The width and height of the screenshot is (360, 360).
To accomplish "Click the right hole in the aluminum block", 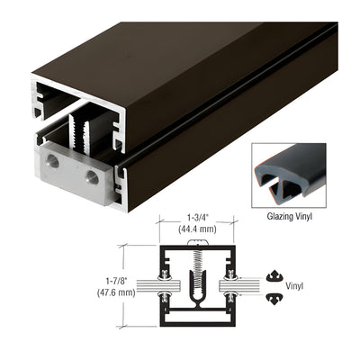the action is coord(92,177).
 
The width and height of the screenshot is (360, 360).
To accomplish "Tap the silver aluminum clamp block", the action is coord(75,173).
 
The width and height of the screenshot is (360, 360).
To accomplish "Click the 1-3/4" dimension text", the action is coord(197,217).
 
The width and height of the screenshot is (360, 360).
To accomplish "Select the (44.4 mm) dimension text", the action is coord(197,229).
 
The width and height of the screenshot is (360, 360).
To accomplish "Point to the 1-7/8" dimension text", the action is coord(116,281).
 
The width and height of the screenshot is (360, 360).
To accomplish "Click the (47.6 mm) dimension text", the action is coord(116,292).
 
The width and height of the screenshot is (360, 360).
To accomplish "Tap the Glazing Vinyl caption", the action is coord(290,216).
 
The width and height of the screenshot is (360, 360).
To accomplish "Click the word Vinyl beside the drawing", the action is coord(294,286).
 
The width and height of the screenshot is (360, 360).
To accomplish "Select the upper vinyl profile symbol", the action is coord(274,276).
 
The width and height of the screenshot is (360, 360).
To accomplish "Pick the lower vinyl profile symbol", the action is coord(274,299).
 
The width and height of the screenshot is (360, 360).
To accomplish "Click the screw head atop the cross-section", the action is coord(198,242).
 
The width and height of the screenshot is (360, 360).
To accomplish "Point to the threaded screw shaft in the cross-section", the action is coord(198,270).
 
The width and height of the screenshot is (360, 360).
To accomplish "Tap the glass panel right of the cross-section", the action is coord(239,286).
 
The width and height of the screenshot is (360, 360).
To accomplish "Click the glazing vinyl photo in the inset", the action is coord(289,175).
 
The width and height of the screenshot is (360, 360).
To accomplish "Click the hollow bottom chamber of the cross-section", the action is coord(197,317).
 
